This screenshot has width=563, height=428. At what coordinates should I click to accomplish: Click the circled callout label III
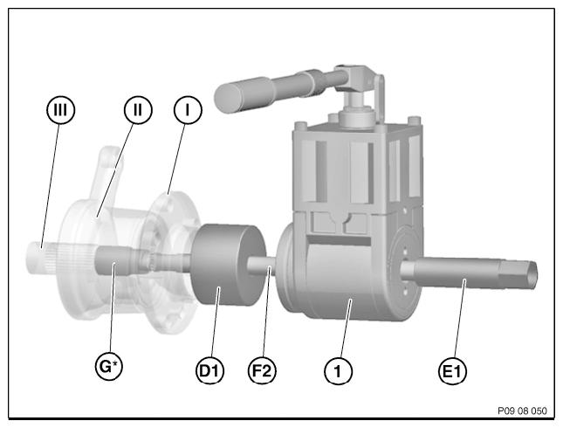[x=61, y=109]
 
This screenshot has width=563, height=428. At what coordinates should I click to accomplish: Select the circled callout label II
[x=138, y=109]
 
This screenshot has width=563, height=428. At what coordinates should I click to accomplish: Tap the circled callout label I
[x=188, y=109]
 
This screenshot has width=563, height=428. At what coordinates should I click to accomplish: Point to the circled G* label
[x=109, y=367]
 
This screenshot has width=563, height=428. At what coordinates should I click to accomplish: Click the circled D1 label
[x=210, y=370]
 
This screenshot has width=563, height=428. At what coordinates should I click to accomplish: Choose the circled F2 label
[x=262, y=370]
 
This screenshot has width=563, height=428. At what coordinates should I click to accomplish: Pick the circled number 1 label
[x=338, y=371]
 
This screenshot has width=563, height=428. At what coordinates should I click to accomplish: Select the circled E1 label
[x=453, y=371]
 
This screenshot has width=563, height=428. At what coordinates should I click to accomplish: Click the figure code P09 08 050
[x=522, y=411]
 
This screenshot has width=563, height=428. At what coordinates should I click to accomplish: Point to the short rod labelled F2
[x=262, y=266]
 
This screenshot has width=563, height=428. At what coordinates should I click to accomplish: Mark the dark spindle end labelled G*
[x=112, y=261]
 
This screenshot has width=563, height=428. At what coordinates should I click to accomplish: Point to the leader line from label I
[x=177, y=158]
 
